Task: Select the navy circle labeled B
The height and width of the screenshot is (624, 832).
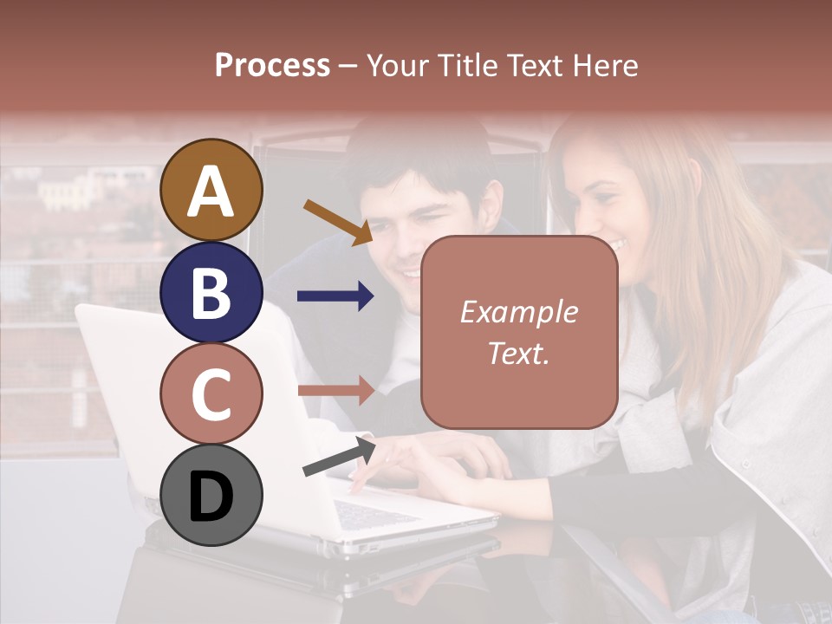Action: pos(211,292)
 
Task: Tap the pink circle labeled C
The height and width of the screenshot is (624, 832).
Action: pos(211,394)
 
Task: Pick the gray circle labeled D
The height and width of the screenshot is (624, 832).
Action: pos(211,496)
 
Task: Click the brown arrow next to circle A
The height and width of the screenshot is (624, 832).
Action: pos(338,221)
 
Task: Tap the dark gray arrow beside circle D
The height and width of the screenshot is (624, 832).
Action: pos(339,457)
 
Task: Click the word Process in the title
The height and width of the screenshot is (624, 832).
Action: pos(272,66)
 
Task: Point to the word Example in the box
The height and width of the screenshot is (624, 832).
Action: pos(518,312)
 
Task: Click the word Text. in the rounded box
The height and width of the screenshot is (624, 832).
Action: pos(518,354)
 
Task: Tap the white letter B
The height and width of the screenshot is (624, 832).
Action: pos(211,293)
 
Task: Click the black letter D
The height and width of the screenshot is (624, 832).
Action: pos(211,497)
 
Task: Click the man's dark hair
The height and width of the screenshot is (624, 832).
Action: pos(416,160)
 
